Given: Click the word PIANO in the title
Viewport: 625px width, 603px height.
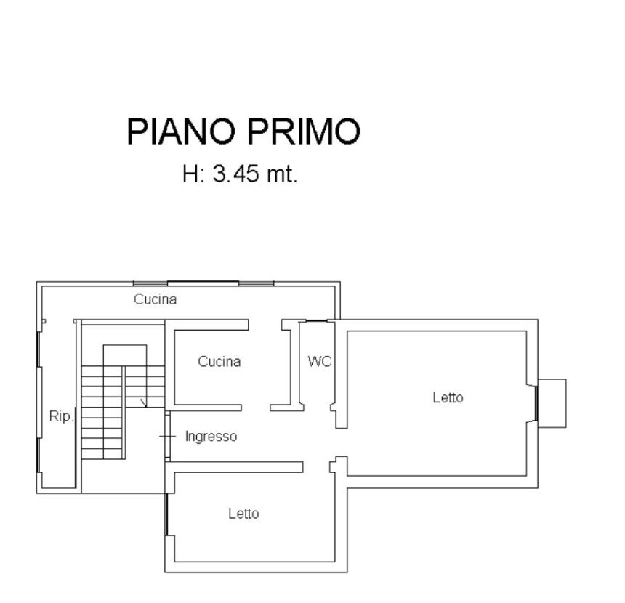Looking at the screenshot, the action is click(x=180, y=131).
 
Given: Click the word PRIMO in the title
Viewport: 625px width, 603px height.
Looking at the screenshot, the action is click(x=304, y=131).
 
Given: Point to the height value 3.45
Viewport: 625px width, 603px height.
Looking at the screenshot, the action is click(x=236, y=174).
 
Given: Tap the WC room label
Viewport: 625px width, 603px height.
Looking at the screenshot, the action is click(x=320, y=362).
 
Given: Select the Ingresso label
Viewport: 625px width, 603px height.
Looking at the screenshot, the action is click(x=211, y=437).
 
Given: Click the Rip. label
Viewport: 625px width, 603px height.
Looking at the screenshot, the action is click(x=62, y=416).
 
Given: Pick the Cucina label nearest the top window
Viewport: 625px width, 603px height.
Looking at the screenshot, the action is click(x=155, y=299).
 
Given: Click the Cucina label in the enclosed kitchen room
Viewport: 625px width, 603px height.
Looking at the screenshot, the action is click(x=219, y=362).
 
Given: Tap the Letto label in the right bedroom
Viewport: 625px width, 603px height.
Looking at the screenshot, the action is click(x=448, y=397).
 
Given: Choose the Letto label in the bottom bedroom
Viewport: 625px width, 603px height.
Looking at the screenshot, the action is click(x=243, y=514).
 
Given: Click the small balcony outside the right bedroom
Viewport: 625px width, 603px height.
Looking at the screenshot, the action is click(x=552, y=403).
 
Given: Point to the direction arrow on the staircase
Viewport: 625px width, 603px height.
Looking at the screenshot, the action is click(x=143, y=403).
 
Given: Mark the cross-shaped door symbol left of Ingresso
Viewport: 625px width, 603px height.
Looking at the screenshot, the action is click(x=167, y=437).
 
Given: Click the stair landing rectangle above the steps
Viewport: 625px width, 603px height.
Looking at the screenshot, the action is click(x=125, y=355).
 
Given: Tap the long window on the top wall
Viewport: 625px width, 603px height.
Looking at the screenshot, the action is click(x=203, y=283).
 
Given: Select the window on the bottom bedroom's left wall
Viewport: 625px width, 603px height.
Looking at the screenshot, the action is click(x=166, y=514).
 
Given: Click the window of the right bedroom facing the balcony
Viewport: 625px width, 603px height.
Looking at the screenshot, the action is click(x=536, y=403).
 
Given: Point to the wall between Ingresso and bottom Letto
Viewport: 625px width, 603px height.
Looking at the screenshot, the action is click(x=234, y=467).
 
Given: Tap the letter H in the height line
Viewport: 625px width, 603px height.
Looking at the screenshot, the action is click(x=190, y=174).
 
